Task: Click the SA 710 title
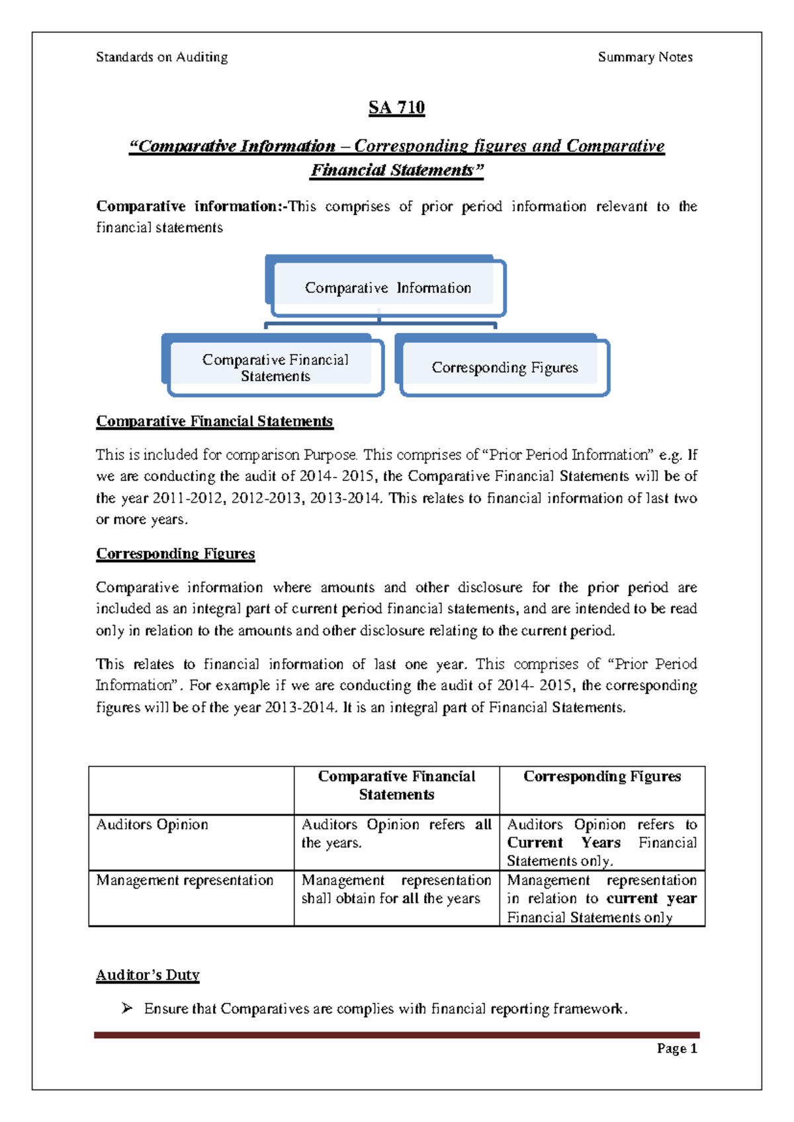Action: coord(396,108)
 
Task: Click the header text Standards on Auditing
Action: coord(162,58)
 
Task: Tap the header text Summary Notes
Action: coord(645,58)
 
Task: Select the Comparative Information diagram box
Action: coord(388,288)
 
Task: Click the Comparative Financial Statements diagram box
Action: coord(275,368)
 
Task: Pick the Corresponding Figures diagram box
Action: coord(504,368)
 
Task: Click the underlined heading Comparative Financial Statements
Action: coord(214,421)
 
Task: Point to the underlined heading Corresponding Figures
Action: coord(175,554)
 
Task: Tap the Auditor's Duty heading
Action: coord(148,975)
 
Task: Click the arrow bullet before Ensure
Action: coord(127,1008)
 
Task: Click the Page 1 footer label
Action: coord(677,1049)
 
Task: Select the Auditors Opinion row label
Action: coord(152,825)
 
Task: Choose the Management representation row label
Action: coord(185,881)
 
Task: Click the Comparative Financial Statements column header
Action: coord(396,786)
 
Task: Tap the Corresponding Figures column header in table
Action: coord(602,777)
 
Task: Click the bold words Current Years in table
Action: coord(564,843)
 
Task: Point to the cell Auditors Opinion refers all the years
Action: coord(396,834)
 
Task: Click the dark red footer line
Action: coord(396,1035)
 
